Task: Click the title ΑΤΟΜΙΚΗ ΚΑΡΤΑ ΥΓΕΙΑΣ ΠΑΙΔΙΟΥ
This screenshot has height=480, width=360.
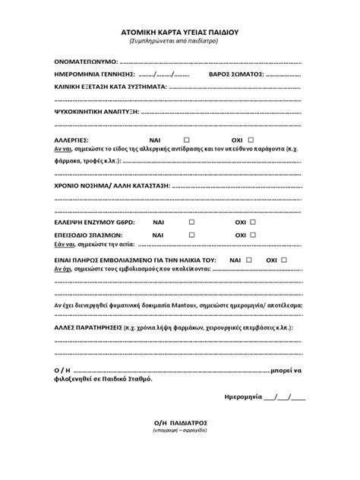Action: click(x=179, y=33)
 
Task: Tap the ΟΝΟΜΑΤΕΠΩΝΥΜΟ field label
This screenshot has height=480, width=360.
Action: click(x=87, y=60)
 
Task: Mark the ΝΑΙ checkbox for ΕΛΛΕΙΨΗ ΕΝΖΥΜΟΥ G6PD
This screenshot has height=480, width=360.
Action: click(x=192, y=221)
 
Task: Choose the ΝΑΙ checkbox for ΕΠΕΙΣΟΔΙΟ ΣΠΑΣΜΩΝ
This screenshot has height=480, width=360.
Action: click(x=192, y=235)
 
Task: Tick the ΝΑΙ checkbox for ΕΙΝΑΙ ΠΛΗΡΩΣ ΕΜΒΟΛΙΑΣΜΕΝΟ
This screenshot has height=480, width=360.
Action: click(x=251, y=260)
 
